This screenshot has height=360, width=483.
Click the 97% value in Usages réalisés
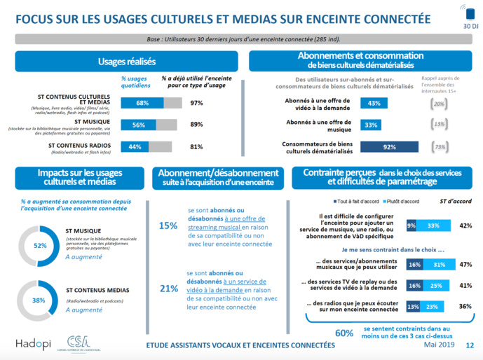pos(196,103)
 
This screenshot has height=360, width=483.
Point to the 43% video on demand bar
pos(374,103)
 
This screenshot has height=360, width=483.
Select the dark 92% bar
pos(388,147)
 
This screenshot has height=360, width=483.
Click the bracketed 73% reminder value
pos(440,147)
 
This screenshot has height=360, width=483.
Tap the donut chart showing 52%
pos(40,246)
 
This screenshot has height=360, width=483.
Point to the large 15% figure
pos(168,226)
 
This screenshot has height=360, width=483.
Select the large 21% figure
pos(168,288)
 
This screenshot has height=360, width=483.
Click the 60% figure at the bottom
pos(343,333)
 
